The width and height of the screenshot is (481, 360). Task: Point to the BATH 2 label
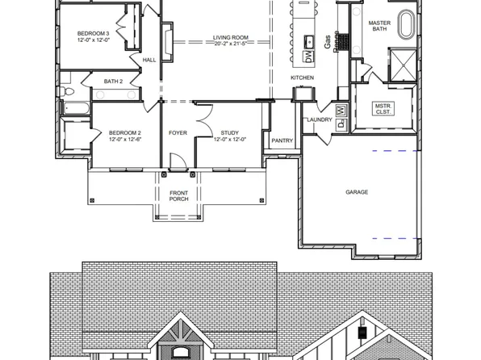tap(114, 81)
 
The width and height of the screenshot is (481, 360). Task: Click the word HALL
tap(149, 60)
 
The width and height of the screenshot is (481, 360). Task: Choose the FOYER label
tap(178, 132)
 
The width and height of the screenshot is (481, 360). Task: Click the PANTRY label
tap(282, 140)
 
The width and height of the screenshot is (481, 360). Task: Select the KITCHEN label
tap(302, 77)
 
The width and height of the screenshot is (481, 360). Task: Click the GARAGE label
tap(357, 192)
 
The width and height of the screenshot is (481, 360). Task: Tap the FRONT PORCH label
tap(178, 195)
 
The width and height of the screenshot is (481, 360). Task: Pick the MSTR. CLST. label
tap(383, 109)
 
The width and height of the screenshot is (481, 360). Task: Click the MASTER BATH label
tap(379, 27)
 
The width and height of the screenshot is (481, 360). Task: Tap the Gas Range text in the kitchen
tap(331, 42)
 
